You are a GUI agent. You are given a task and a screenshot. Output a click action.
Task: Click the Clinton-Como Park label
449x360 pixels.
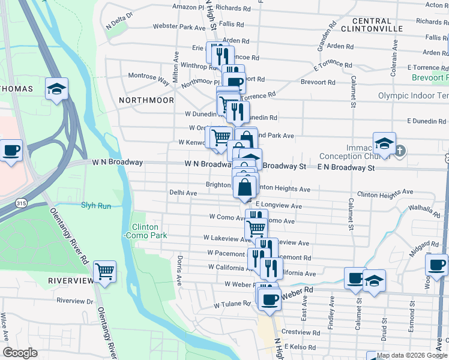pos(145,232)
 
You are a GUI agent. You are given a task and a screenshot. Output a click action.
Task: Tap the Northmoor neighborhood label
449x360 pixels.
pos(146,100)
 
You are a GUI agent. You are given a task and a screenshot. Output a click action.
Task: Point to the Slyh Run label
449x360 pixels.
pos(96,205)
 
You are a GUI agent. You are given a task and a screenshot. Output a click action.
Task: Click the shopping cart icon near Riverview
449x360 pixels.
pos(105,271)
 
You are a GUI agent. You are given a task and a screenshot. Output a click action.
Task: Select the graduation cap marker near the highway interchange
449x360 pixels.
pos(56,89)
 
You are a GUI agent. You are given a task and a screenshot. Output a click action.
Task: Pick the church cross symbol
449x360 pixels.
pos(400,151)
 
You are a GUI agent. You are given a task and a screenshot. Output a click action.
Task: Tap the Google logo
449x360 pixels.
pos(20,353)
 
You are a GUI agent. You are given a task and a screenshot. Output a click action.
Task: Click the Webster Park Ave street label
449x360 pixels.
pos(179,27)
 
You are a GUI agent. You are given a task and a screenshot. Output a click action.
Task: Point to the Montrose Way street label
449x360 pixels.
pos(149,77)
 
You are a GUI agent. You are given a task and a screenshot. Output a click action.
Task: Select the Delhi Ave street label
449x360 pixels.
pos(183,193)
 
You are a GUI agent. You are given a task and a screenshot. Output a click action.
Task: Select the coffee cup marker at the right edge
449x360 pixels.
pos(436,265)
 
